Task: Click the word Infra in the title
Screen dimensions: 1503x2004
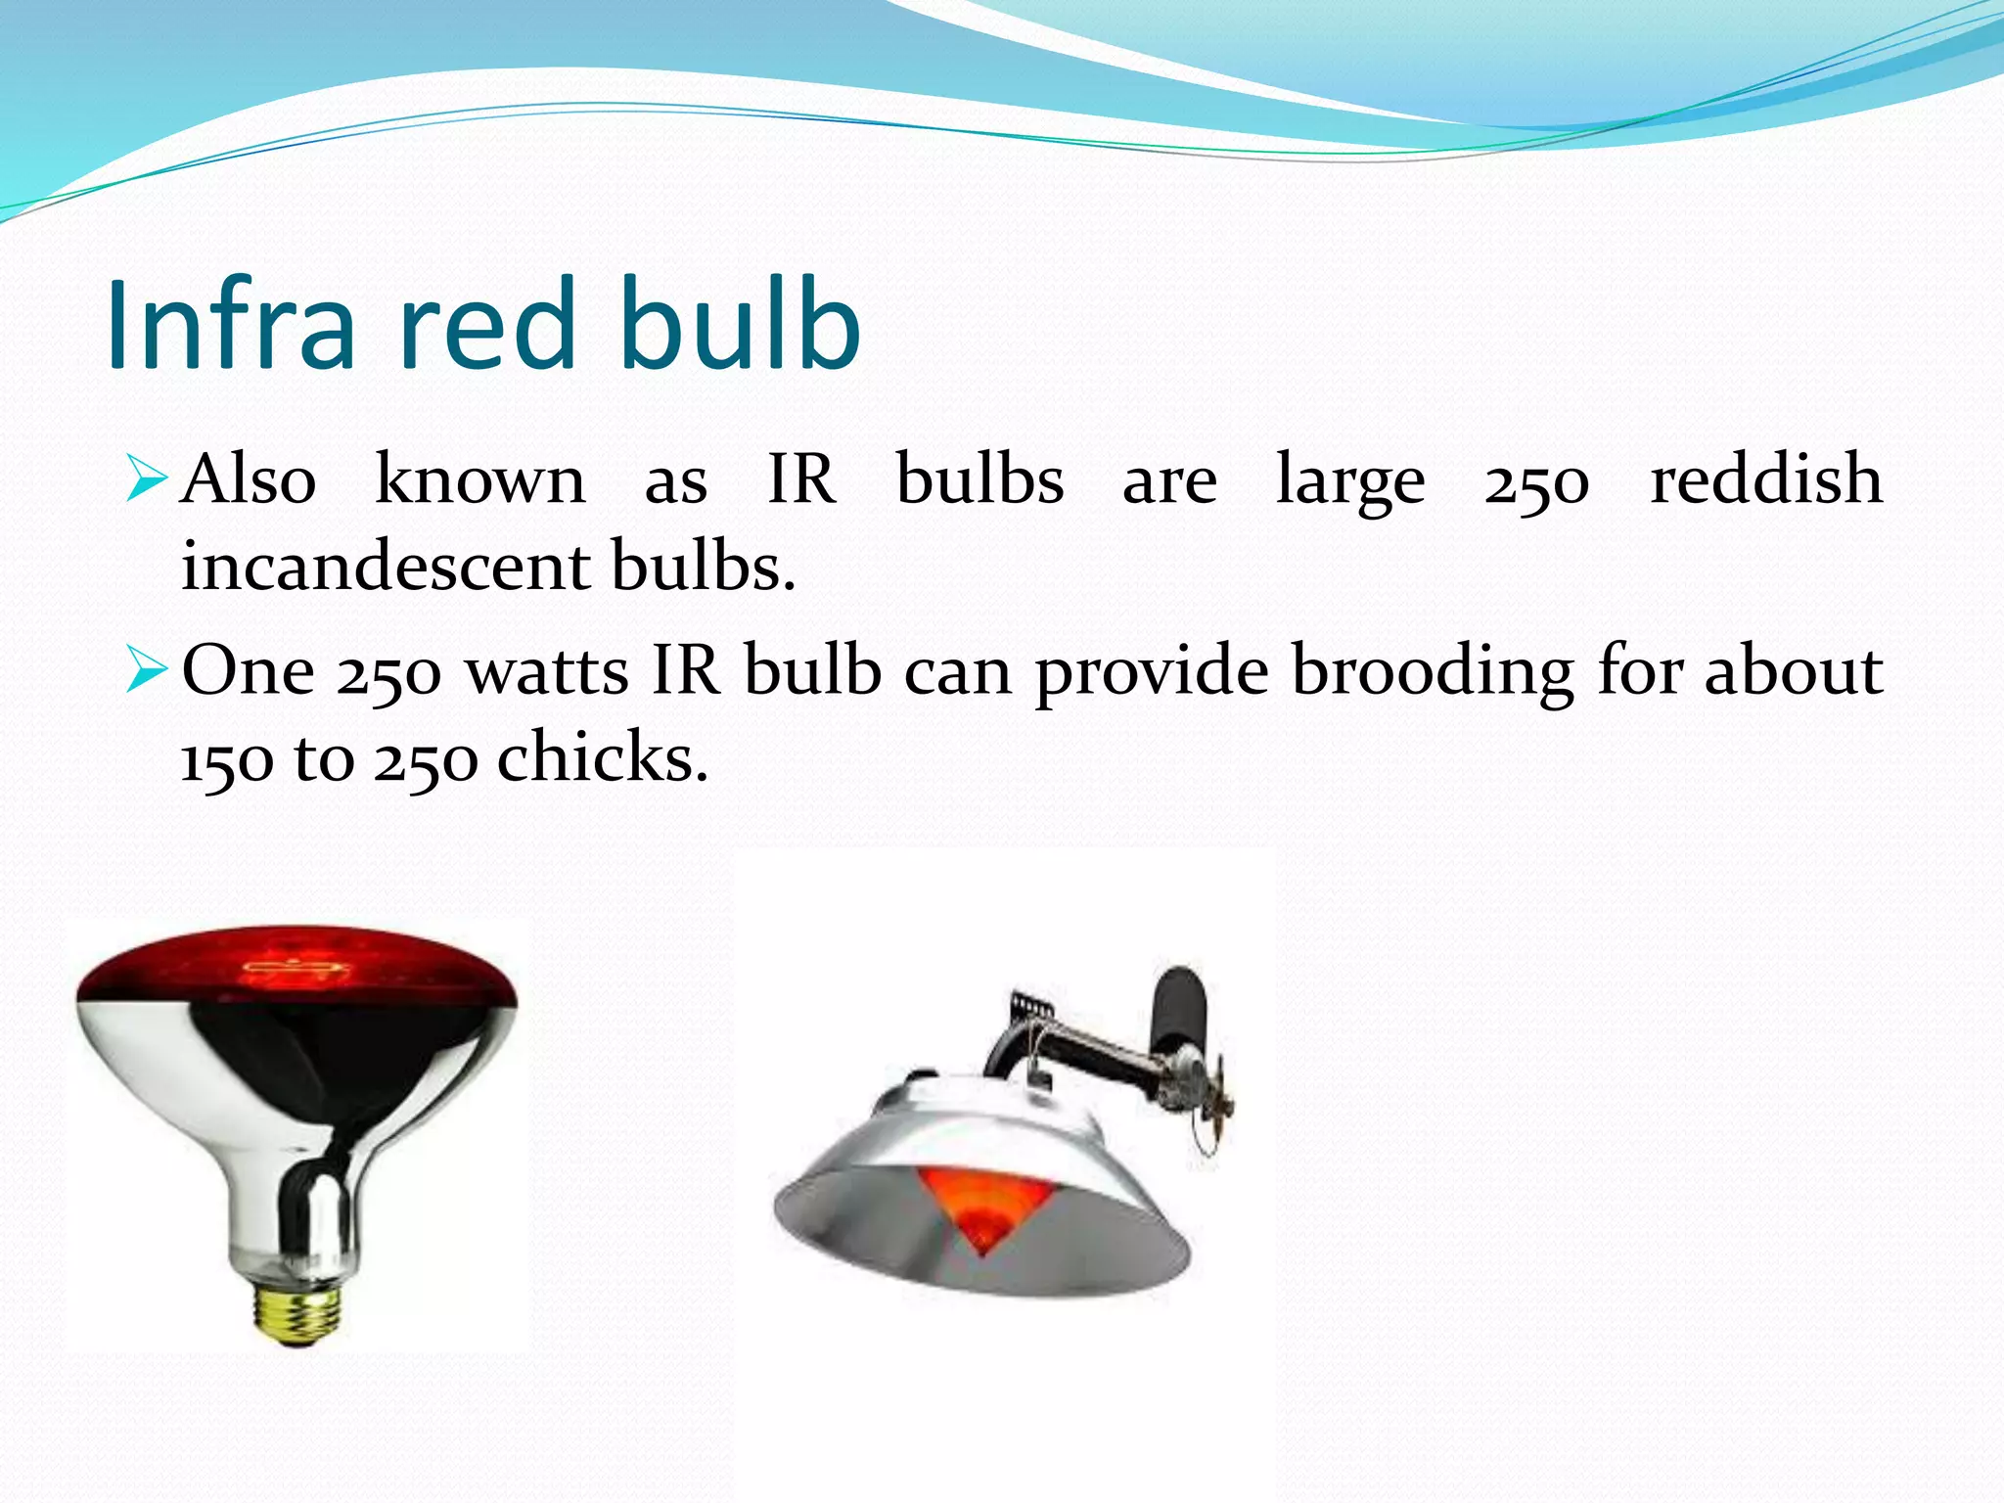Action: click(231, 325)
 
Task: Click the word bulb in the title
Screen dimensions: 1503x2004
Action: click(740, 325)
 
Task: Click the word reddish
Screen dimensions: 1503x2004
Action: click(1765, 479)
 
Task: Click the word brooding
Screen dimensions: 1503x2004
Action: click(1432, 673)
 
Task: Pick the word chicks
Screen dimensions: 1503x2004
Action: click(601, 758)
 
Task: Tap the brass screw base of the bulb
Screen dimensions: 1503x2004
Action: click(297, 1311)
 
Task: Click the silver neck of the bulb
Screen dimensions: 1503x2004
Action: click(299, 1213)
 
